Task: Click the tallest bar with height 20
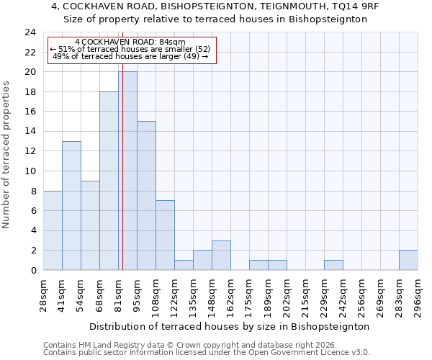click(x=127, y=171)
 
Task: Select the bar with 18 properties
click(x=109, y=181)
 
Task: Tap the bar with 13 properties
click(x=71, y=205)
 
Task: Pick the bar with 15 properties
click(x=146, y=195)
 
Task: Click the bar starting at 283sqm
click(x=408, y=260)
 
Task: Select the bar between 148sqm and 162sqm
click(x=221, y=255)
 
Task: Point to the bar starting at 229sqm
click(x=333, y=265)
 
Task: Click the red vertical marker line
click(x=122, y=216)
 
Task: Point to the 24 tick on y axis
click(x=30, y=32)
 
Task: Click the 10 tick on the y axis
click(x=30, y=171)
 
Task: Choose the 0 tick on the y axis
click(x=33, y=270)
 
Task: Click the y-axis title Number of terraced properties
click(x=6, y=155)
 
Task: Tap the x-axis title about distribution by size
click(x=230, y=326)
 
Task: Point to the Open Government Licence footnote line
click(x=206, y=353)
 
